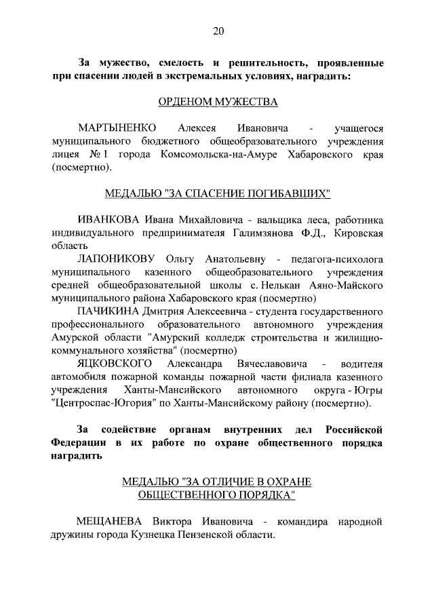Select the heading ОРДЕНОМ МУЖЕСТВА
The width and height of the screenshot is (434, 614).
(x=218, y=102)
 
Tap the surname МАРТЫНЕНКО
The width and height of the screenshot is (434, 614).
(x=117, y=128)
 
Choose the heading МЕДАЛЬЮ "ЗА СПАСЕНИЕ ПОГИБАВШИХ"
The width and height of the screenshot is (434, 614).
(x=218, y=194)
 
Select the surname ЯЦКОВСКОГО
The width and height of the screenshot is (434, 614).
(x=113, y=363)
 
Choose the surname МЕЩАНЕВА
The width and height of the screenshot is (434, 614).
(x=111, y=521)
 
